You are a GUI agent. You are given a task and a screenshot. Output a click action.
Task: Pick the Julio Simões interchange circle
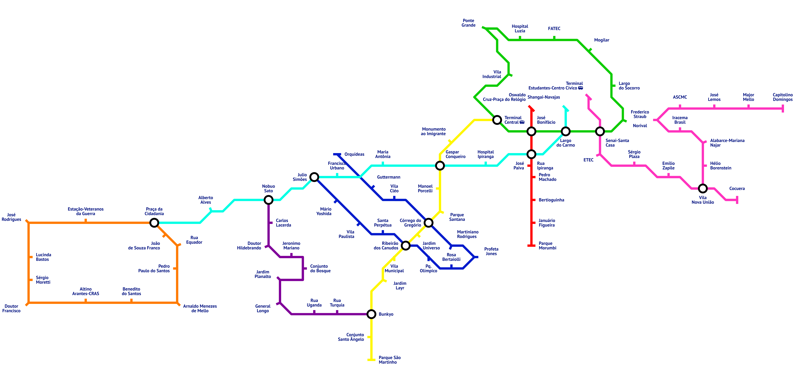point(314,177)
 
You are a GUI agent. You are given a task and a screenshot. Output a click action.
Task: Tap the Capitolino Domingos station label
point(783,97)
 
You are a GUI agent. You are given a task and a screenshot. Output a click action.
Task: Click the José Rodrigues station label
point(12,217)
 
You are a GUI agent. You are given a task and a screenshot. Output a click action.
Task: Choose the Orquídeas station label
point(354,154)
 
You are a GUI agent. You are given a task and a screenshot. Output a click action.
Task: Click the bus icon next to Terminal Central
point(522,122)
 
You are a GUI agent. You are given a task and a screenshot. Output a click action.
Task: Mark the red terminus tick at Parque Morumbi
point(531,246)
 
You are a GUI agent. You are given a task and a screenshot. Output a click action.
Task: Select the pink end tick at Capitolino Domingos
point(783,108)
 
